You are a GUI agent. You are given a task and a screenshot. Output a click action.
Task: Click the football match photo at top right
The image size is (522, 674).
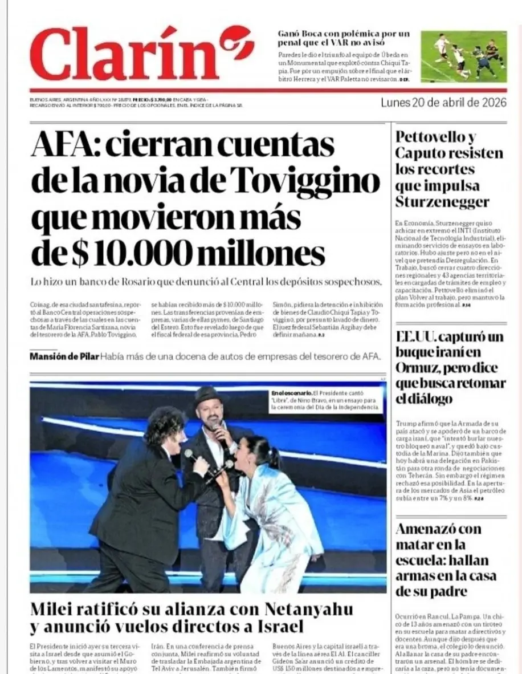[463, 56]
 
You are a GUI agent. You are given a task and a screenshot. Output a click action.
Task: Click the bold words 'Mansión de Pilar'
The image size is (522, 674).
[64, 356]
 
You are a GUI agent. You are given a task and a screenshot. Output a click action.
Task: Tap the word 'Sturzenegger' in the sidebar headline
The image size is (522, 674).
[442, 202]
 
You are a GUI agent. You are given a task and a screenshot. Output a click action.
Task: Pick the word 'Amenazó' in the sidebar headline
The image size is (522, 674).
[430, 529]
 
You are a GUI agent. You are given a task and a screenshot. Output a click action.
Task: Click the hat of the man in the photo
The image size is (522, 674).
[209, 394]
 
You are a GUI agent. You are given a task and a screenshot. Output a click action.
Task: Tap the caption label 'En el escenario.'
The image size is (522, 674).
[292, 393]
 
